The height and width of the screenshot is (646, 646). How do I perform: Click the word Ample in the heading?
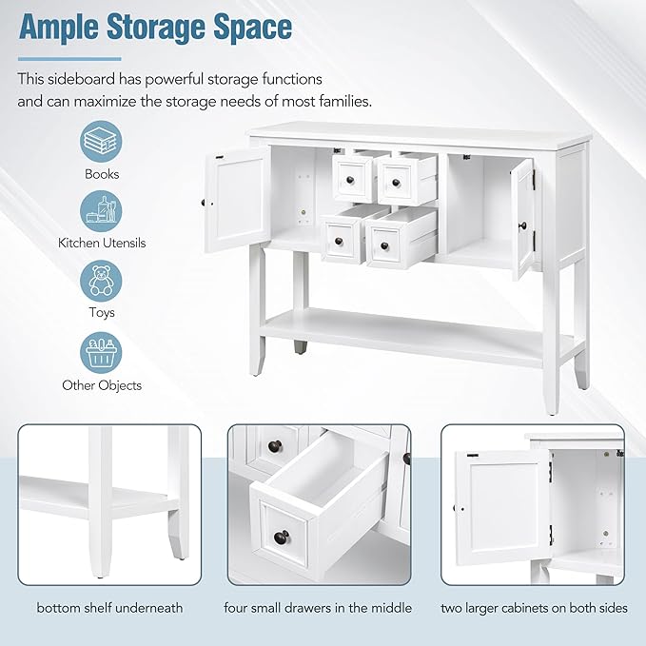[x=58, y=29]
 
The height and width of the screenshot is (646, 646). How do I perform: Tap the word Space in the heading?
[x=253, y=29]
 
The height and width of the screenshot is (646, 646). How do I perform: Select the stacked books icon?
[x=101, y=142]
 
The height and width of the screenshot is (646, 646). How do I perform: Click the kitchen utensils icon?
[x=101, y=211]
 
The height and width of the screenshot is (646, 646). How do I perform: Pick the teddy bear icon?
[x=101, y=281]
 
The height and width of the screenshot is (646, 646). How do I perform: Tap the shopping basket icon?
[x=101, y=353]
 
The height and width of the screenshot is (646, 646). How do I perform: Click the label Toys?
[x=102, y=313]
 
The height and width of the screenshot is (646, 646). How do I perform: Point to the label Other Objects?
[x=102, y=385]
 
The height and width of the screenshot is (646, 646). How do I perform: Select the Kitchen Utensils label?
[x=102, y=243]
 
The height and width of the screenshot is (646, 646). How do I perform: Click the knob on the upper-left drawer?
[x=350, y=180]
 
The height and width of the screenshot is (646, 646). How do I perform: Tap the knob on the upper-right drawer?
[x=397, y=182]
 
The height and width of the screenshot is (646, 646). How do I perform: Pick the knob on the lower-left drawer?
[x=339, y=241]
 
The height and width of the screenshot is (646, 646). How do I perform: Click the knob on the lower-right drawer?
[x=384, y=245]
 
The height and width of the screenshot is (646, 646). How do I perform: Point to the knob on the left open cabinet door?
[x=203, y=203]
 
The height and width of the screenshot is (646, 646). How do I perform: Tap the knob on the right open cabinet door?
[x=523, y=225]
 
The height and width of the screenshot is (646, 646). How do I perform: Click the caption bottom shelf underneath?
[x=109, y=608]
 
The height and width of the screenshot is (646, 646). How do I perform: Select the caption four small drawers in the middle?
[x=318, y=608]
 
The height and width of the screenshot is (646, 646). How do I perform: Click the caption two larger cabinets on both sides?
[x=534, y=608]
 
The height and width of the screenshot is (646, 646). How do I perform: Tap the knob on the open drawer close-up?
[x=282, y=537]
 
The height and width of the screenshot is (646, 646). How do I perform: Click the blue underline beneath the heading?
[x=69, y=59]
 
